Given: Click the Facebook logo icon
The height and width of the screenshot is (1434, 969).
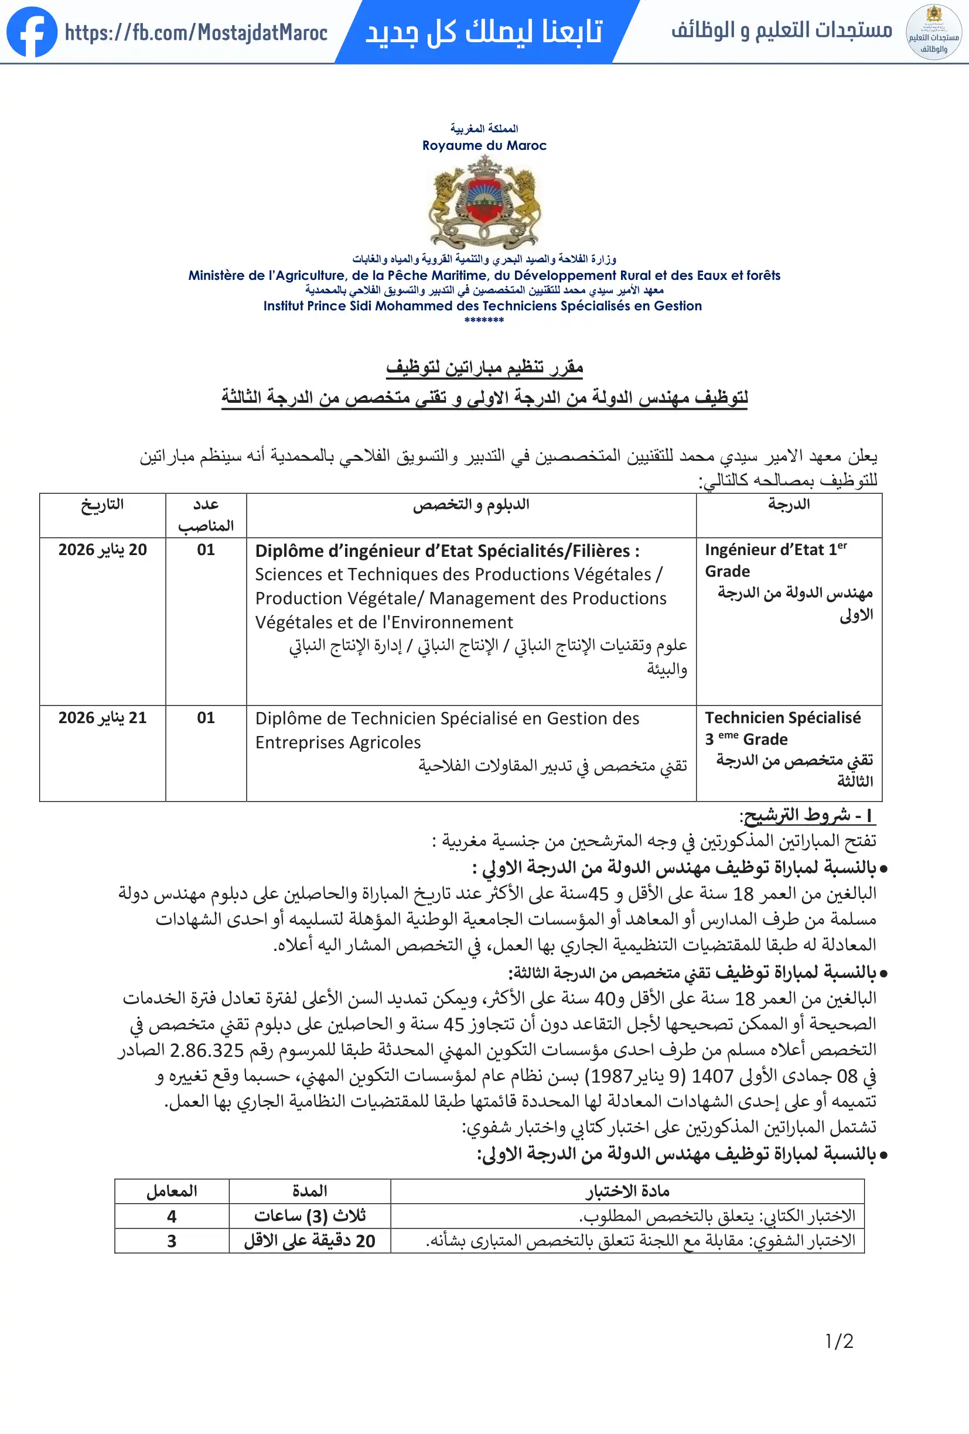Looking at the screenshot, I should coord(32,32).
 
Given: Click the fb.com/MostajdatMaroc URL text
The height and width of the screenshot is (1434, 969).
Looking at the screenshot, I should coord(196,33).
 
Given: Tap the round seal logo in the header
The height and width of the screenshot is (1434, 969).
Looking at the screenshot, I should coord(933,32).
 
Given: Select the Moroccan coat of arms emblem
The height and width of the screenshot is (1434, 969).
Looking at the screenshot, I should coord(485,203).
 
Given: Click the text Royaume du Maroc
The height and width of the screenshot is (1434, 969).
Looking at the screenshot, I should coord(485,146).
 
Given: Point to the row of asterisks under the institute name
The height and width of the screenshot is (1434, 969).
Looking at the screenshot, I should coord(485,320).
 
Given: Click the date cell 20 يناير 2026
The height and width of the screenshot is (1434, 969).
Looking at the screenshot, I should coord(103,550).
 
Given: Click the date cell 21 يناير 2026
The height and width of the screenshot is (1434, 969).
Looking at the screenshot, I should coord(103,718).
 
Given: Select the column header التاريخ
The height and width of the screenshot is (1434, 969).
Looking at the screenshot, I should coord(103,505).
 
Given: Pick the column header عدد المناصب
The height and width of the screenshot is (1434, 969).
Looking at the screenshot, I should coord(206,515).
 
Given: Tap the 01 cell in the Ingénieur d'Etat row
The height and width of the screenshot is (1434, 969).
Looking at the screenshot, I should coord(206,550).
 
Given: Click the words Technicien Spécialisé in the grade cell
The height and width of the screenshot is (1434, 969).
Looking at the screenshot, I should coord(783,718).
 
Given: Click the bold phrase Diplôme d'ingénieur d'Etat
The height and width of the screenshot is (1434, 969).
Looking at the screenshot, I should coord(373,550).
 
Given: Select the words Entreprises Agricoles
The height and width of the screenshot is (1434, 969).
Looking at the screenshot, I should coord(337,742).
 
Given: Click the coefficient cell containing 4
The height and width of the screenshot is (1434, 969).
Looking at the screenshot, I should coord(172,1216).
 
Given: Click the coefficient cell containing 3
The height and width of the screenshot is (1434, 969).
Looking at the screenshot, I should coord(172,1241).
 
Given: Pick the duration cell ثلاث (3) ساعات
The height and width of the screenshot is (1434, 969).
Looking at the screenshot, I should coord(310,1216).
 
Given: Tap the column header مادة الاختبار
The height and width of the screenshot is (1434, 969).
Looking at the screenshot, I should coord(627,1192).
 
